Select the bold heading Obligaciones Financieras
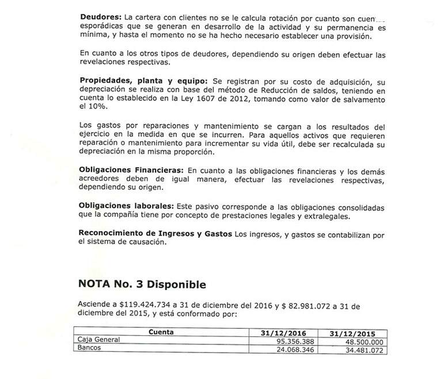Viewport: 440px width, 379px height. pos(132,172)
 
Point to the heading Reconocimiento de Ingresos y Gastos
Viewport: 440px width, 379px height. pos(155,233)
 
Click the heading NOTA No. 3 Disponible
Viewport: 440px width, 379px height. pos(141,284)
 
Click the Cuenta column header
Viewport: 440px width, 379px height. pos(161,332)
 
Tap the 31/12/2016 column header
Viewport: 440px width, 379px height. pos(282,333)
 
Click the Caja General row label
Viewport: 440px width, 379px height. pos(99,340)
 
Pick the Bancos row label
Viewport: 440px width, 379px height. pos(90,348)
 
